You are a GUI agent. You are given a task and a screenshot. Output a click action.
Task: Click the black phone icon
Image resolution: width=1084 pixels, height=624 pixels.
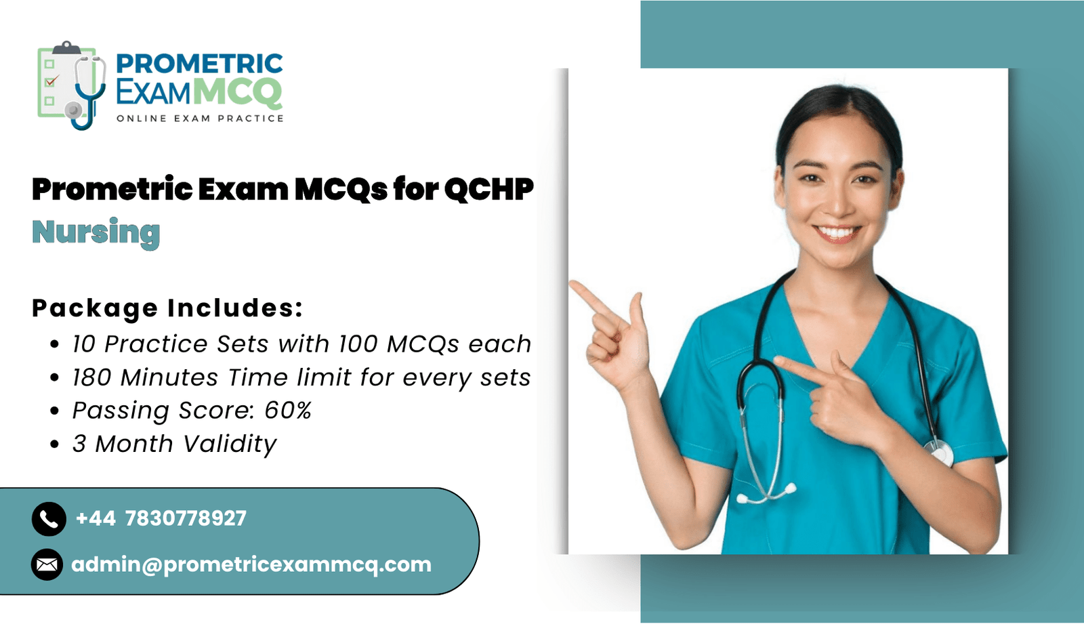coord(49,519)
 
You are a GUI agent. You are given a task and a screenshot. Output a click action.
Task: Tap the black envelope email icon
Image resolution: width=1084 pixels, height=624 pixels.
coord(47,564)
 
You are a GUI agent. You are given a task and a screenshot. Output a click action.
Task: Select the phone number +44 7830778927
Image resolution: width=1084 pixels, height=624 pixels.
coord(161,518)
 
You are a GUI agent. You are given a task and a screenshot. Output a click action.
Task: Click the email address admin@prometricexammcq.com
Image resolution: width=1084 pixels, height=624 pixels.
coord(251,565)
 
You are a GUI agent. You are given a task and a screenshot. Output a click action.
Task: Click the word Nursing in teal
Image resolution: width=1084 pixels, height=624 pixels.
coord(96,233)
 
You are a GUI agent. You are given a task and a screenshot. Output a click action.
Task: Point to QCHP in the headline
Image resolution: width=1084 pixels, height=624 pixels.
coord(488,189)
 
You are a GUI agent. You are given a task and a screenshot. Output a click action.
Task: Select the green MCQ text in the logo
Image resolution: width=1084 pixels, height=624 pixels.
coord(238,92)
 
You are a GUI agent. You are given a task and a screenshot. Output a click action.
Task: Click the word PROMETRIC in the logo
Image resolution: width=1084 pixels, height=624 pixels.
coord(199,64)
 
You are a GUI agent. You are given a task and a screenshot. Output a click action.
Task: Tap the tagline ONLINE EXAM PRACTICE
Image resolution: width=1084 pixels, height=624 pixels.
coord(200,119)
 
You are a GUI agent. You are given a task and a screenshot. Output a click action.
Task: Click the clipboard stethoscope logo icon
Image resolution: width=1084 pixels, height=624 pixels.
coord(72,85)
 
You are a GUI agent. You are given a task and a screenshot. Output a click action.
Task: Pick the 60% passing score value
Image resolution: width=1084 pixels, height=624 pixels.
coord(288,411)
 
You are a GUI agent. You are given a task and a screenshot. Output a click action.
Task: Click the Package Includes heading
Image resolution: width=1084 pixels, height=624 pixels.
coord(167,308)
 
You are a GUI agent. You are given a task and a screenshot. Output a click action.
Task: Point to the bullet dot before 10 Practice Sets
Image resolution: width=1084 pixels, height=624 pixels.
coord(55,344)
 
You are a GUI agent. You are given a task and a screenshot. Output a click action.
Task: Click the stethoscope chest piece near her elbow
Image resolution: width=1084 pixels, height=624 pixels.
coord(938,452)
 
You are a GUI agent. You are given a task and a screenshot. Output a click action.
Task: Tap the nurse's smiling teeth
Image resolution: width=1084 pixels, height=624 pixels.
coord(837,234)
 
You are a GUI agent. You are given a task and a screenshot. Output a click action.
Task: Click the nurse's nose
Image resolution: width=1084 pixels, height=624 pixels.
coord(839,203)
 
